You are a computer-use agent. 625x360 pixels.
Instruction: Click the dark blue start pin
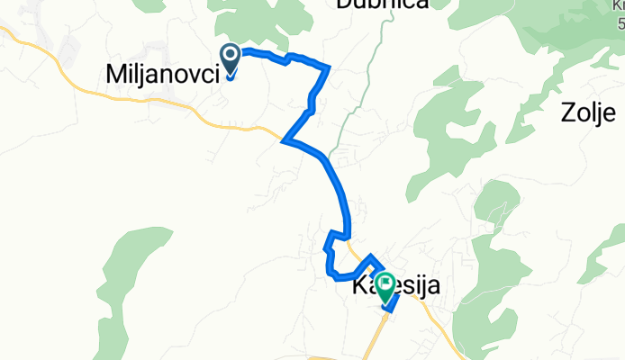[x=231, y=59]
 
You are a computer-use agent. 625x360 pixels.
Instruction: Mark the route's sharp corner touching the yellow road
[x=285, y=141]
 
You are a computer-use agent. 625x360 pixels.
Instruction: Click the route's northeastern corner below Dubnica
[x=330, y=67]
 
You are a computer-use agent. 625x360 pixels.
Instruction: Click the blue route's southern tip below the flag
[x=386, y=309]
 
